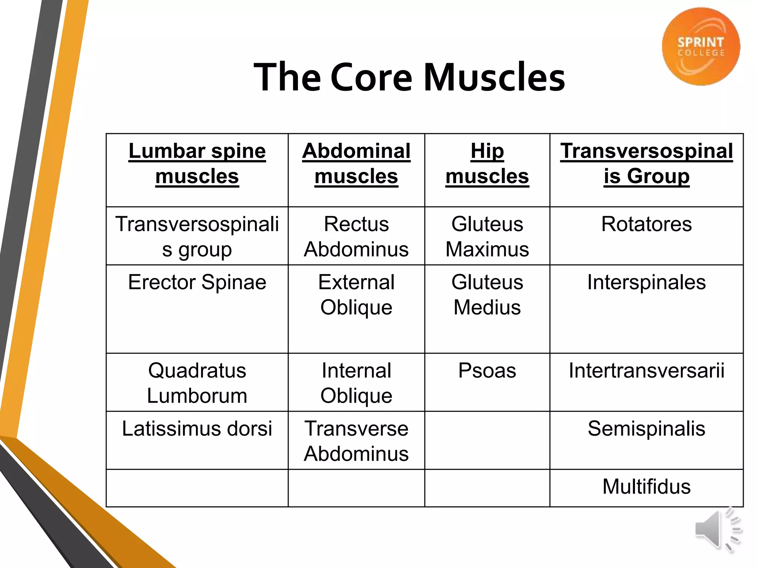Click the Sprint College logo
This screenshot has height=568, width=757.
(701, 47)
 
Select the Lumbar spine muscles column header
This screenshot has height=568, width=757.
(197, 163)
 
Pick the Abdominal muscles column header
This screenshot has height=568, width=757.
(356, 163)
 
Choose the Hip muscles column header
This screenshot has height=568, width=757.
(487, 163)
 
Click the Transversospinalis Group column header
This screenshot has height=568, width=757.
(646, 163)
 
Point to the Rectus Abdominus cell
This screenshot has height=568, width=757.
(356, 237)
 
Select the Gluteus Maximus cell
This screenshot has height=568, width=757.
(487, 237)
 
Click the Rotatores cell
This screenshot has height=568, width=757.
(646, 224)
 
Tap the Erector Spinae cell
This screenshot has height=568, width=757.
(197, 282)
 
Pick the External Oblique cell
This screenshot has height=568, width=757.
(356, 295)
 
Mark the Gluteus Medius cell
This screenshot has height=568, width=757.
(487, 295)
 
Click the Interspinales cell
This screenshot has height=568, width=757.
(646, 282)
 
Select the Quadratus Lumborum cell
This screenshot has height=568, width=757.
(197, 383)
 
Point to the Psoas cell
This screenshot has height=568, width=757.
(487, 371)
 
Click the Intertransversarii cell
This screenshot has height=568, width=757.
(646, 371)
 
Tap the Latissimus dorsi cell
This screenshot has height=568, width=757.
(197, 429)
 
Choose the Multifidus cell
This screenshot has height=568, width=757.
(646, 487)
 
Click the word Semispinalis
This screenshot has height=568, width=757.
(646, 429)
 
